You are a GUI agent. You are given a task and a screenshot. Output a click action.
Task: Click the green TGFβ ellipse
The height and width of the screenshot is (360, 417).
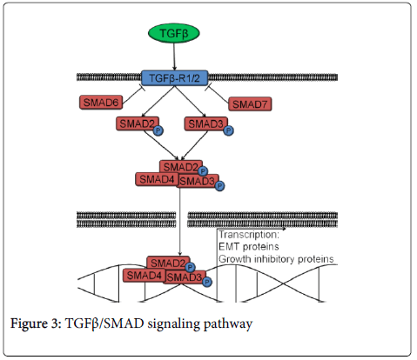click(x=174, y=33)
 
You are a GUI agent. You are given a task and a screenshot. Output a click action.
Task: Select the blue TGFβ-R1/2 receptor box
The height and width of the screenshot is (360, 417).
click(x=174, y=78)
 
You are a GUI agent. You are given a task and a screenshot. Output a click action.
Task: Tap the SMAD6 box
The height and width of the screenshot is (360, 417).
click(x=101, y=103)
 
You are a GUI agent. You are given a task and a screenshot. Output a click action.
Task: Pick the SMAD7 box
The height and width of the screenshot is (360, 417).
click(x=250, y=104)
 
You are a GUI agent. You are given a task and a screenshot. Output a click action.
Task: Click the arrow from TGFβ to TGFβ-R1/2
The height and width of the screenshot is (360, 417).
click(x=174, y=57)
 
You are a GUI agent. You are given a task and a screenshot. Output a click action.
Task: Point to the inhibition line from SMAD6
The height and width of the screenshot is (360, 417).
click(x=133, y=95)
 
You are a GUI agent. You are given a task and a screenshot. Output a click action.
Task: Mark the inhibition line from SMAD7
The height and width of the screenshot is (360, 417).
click(x=217, y=94)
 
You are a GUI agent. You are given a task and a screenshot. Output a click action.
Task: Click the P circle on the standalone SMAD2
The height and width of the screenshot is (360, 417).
click(x=158, y=130)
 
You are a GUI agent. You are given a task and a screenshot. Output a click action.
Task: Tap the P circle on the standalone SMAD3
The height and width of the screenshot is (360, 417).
click(x=228, y=130)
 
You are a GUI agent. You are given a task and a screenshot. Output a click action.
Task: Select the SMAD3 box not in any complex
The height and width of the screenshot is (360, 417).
click(x=206, y=123)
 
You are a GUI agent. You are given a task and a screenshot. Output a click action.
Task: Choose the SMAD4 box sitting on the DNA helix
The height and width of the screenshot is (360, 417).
click(x=145, y=276)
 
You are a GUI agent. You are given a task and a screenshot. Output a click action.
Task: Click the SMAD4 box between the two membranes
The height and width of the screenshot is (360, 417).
click(x=157, y=179)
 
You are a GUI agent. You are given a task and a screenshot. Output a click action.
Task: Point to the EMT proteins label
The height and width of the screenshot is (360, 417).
click(x=249, y=247)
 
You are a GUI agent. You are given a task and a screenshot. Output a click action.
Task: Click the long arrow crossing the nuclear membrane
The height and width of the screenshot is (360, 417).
click(x=180, y=222)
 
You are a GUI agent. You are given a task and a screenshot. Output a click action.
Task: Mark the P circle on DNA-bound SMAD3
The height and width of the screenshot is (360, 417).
click(x=207, y=282)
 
